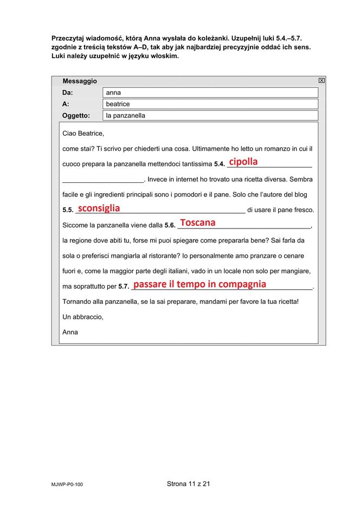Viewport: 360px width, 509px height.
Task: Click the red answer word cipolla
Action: [243, 162]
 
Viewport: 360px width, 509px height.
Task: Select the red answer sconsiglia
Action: [99, 208]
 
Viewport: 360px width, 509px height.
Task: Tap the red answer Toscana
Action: [197, 222]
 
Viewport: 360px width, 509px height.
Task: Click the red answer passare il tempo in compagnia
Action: [200, 284]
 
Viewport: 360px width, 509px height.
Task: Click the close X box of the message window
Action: [322, 80]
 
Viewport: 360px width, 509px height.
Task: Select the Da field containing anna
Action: [210, 93]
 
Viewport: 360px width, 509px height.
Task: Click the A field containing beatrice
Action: [210, 104]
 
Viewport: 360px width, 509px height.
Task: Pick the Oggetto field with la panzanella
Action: [210, 116]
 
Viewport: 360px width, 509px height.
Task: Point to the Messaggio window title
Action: [80, 81]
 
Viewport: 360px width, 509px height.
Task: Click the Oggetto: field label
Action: [76, 116]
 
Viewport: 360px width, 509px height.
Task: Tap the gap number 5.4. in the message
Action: [219, 164]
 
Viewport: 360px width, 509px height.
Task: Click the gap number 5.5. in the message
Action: [68, 210]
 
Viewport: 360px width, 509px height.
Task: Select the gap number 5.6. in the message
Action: [170, 225]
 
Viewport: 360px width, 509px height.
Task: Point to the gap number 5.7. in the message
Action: [124, 287]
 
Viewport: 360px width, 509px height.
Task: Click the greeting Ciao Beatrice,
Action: [83, 133]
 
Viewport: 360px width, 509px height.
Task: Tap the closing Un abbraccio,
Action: [82, 317]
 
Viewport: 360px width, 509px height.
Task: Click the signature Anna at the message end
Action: [70, 332]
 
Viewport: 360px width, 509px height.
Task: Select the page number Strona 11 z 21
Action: [180, 484]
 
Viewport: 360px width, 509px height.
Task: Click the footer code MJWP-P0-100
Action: [67, 485]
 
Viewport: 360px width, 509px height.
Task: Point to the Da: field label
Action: [68, 93]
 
